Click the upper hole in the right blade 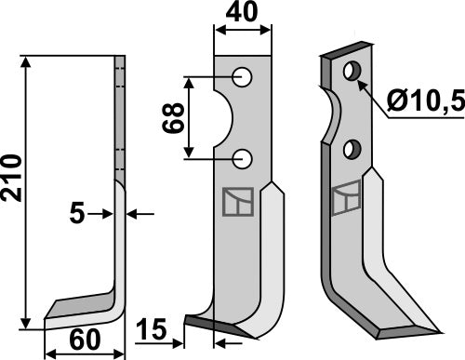[x=352, y=71]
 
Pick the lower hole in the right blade [x=352, y=149]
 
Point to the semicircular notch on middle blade [x=224, y=118]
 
